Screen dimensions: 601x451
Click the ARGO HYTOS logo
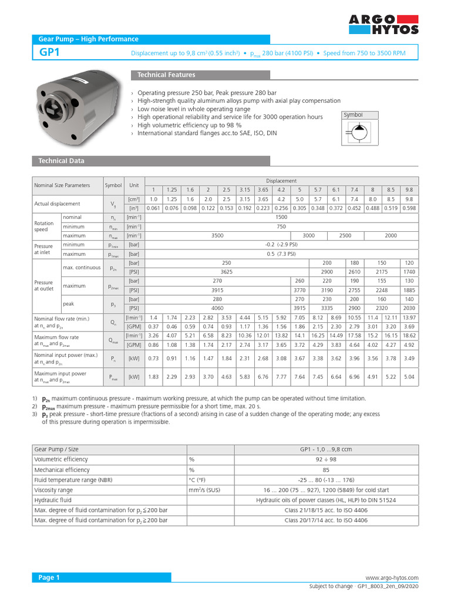[x=384, y=25]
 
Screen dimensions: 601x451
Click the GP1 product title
[x=49, y=53]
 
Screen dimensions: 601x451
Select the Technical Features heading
[x=166, y=75]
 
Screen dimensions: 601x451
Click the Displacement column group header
[x=281, y=181]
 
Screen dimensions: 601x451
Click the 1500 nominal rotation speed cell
[x=281, y=217]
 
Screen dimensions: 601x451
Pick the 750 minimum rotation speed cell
[x=281, y=227]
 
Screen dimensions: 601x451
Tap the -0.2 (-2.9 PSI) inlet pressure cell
[x=281, y=245]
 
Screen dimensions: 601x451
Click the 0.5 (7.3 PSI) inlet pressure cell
[x=281, y=254]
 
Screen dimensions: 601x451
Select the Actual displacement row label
[x=57, y=204]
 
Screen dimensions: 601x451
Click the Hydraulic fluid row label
[x=54, y=500]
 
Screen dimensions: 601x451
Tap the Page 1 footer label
[x=49, y=578]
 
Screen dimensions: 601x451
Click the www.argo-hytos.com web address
[x=392, y=578]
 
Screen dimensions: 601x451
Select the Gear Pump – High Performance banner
[x=88, y=39]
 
